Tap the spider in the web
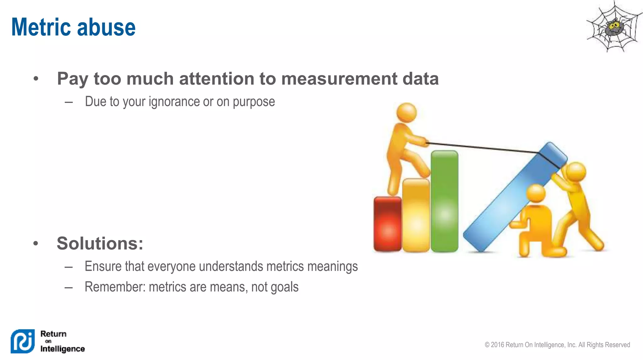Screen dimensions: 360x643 (614, 28)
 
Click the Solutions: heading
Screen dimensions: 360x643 (100, 243)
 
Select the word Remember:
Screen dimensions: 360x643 (115, 287)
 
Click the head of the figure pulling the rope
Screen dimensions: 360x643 (407, 112)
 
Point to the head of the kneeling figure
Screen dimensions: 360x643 (536, 193)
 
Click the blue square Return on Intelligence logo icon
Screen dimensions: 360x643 (23, 341)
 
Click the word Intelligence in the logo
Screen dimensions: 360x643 (62, 349)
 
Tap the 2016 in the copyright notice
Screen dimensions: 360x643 (497, 345)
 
